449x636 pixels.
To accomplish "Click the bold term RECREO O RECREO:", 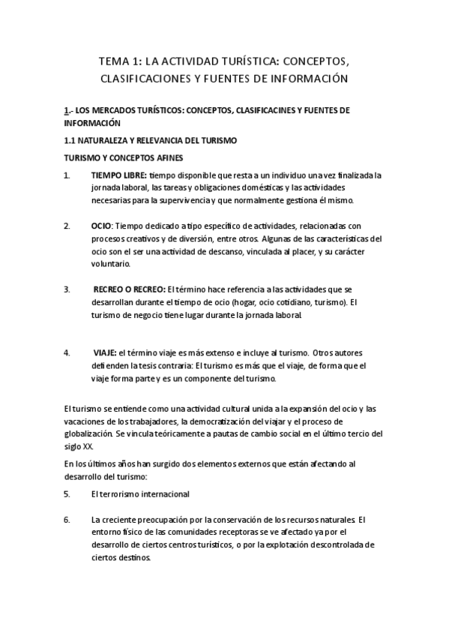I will pyautogui.click(x=129, y=289).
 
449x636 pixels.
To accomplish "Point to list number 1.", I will pyautogui.click(x=67, y=175).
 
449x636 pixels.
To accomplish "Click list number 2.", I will pyautogui.click(x=67, y=226).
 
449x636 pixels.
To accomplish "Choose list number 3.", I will pyautogui.click(x=67, y=289).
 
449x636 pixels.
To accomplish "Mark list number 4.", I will pyautogui.click(x=67, y=352).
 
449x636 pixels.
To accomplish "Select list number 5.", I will pyautogui.click(x=67, y=494).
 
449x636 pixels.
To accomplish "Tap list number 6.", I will pyautogui.click(x=67, y=519).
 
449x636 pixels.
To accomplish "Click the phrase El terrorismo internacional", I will pyautogui.click(x=140, y=494).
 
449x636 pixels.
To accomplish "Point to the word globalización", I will pyautogui.click(x=88, y=434).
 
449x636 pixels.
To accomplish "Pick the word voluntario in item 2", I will pyautogui.click(x=111, y=264).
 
